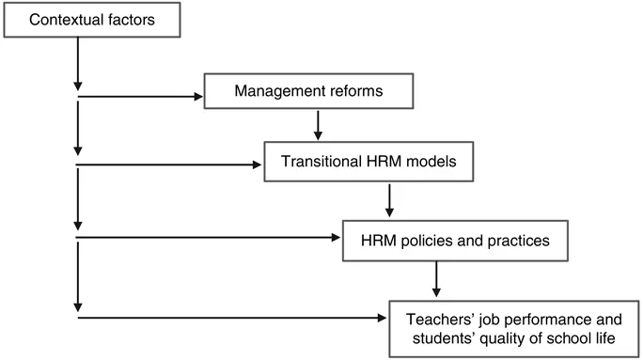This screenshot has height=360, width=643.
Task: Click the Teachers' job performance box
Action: click(511, 326)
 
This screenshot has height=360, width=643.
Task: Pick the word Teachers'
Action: click(438, 317)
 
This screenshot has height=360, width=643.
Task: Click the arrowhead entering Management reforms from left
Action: click(199, 95)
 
